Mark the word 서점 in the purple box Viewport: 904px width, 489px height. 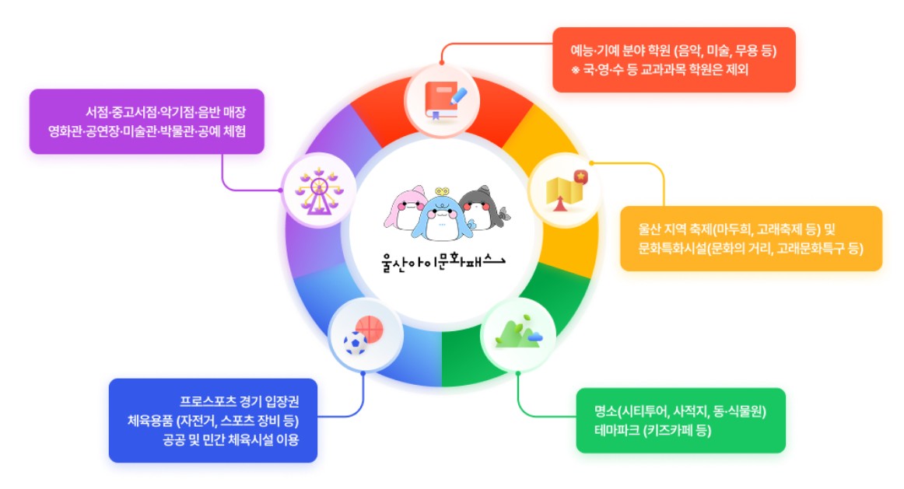[x=97, y=112]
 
